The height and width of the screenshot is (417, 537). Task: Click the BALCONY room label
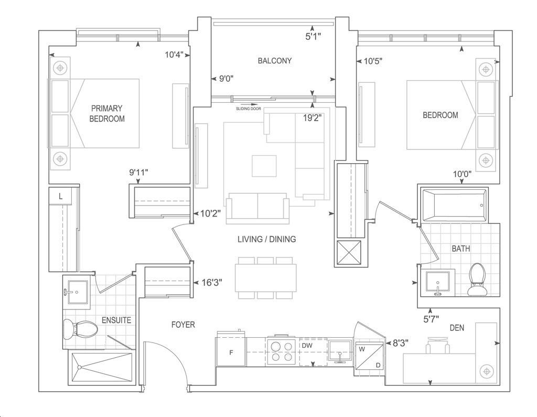(x=275, y=61)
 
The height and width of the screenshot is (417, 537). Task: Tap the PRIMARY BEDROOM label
(x=107, y=113)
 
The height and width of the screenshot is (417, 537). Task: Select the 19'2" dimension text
(x=313, y=118)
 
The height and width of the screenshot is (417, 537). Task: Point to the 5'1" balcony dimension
(x=313, y=36)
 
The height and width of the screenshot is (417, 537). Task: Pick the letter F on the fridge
(x=231, y=352)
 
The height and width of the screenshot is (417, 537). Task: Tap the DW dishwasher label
(x=307, y=346)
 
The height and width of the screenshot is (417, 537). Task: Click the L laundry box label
(x=61, y=196)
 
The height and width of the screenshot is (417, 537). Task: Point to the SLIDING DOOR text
(x=248, y=109)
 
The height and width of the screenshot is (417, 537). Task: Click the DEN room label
(x=457, y=328)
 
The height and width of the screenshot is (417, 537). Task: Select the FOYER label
(x=183, y=325)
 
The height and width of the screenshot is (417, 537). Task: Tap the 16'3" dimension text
(x=212, y=283)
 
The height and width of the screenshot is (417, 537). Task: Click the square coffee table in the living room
(x=264, y=166)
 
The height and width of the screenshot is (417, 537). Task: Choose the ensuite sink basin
(x=78, y=292)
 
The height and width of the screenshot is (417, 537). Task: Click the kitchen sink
(x=340, y=350)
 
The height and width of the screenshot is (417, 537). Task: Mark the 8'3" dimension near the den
(x=400, y=343)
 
